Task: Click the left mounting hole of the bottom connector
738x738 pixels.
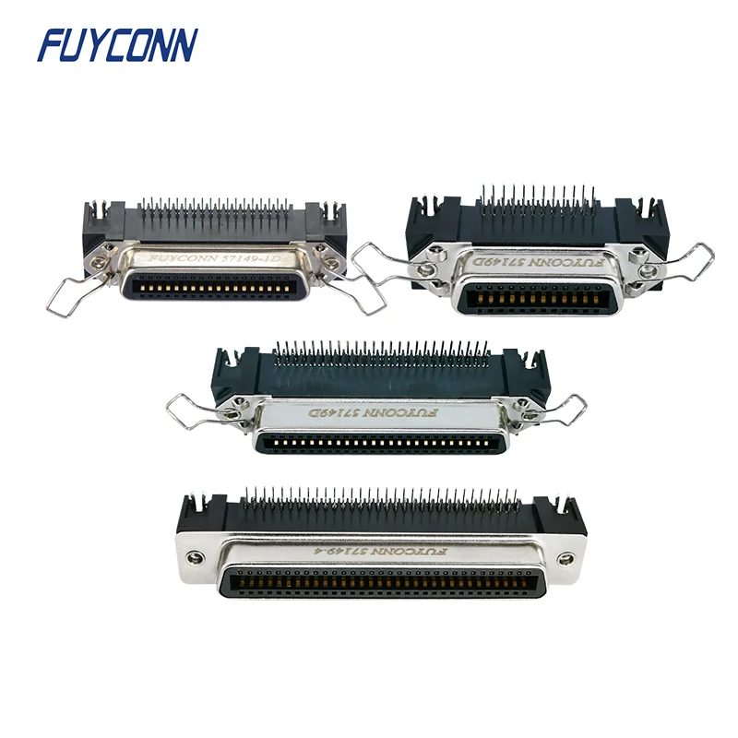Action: (x=195, y=557)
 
